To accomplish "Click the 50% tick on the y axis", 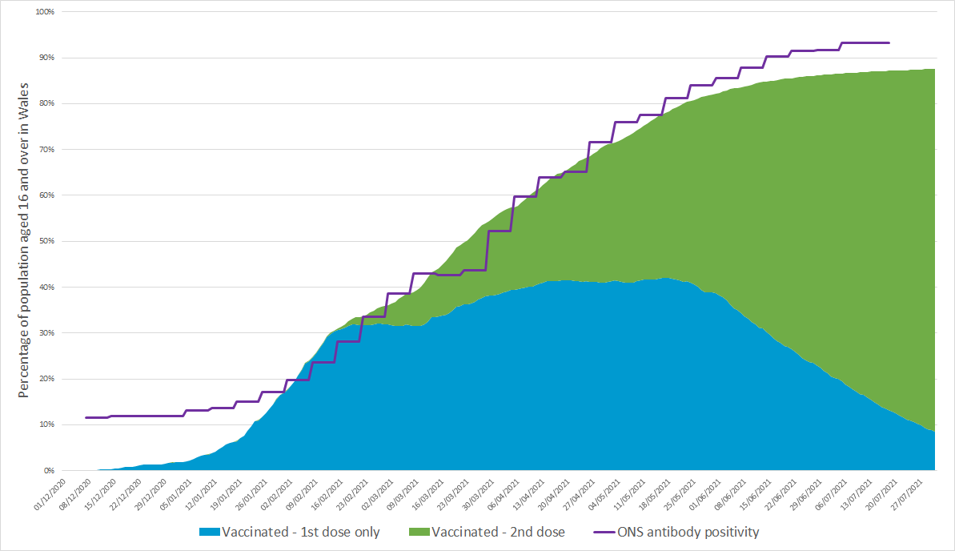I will click(x=45, y=241).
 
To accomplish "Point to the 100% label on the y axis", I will click(x=43, y=13).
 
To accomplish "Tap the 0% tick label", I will click(x=47, y=470).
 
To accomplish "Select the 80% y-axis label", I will click(x=45, y=104).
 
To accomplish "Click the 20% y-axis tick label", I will click(x=45, y=379).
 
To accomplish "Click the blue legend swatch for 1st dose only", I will click(x=208, y=533).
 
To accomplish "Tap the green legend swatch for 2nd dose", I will click(x=418, y=533).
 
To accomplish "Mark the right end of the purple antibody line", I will click(x=889, y=42).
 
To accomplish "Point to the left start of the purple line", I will click(x=86, y=417).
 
